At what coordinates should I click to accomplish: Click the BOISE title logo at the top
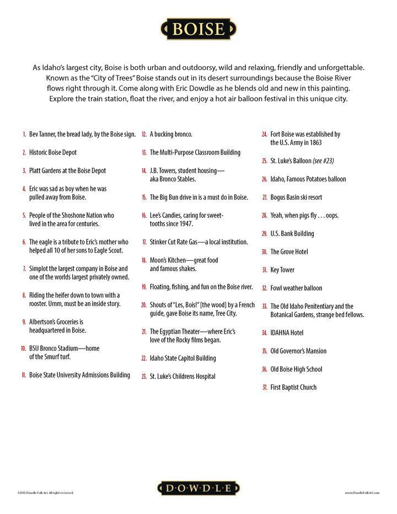tap(199, 29)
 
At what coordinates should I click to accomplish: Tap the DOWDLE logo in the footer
tap(198, 488)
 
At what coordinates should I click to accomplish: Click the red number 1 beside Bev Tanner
tap(24, 134)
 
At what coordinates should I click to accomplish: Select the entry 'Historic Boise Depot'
tap(53, 152)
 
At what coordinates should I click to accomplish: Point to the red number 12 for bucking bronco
tap(143, 134)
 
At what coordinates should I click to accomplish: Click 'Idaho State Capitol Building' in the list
tap(183, 358)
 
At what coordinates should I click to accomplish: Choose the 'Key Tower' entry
tap(282, 270)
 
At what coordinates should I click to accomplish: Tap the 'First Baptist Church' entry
tap(293, 387)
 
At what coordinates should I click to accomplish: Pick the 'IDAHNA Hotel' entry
tap(287, 333)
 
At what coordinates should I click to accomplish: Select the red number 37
tap(265, 387)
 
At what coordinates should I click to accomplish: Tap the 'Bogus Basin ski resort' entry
tap(296, 197)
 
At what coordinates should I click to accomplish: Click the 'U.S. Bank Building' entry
tap(292, 233)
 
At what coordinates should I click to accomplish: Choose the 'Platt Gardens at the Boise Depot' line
tap(67, 170)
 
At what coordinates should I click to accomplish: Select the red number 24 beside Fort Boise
tap(265, 134)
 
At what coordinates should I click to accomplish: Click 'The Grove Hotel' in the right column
tap(289, 251)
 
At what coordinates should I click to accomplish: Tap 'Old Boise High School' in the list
tap(296, 369)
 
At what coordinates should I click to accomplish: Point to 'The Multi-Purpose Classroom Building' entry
tap(195, 152)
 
